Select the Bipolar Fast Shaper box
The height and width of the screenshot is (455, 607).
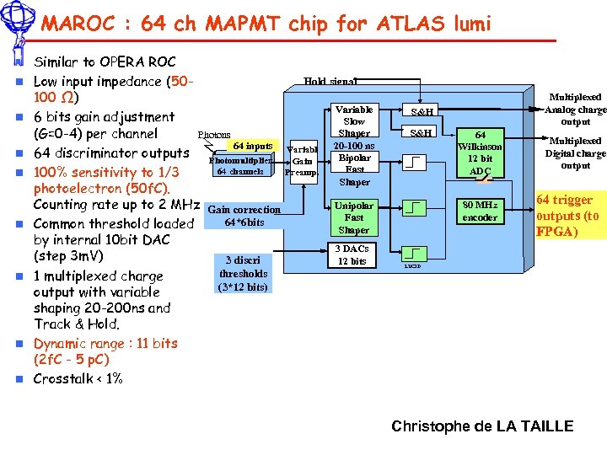coord(354,169)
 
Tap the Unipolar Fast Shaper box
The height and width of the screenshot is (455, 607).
coord(354,217)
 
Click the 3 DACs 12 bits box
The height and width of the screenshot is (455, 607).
coord(352,255)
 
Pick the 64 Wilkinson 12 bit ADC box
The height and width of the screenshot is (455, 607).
coord(480,153)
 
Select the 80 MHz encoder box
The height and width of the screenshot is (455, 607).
coord(480,211)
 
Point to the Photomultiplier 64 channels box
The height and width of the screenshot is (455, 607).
coord(241,165)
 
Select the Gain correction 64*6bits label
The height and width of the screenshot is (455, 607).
coord(244,216)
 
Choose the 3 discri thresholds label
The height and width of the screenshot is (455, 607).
coord(243,273)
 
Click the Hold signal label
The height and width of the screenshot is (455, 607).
coord(330,82)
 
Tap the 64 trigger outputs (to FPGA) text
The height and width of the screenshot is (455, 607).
coord(568,215)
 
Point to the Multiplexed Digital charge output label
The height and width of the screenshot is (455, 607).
coord(575,153)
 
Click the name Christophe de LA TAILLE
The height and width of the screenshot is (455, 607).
coord(482,426)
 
